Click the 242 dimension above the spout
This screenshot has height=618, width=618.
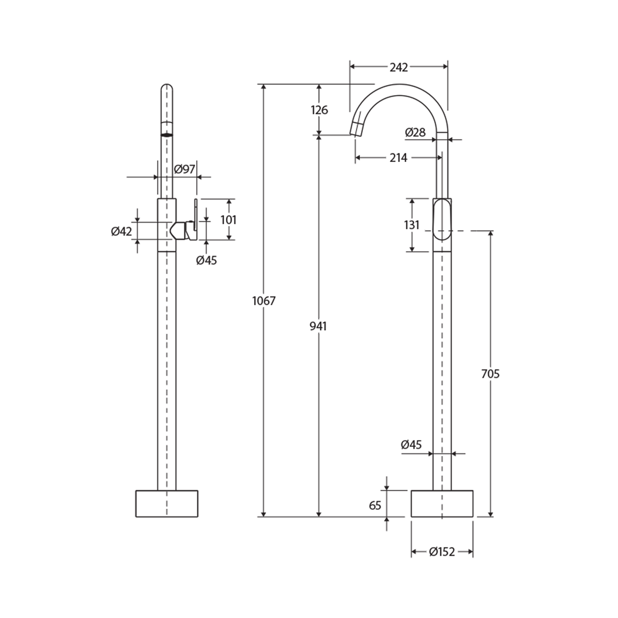click(398, 68)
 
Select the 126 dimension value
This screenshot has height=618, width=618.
click(319, 110)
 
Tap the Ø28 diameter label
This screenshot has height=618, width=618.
click(415, 133)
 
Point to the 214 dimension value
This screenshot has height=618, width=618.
click(398, 158)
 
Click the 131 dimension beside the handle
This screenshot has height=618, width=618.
click(412, 225)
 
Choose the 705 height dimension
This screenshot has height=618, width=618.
click(490, 374)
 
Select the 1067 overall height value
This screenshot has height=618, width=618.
click(264, 301)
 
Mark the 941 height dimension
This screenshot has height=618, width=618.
click(318, 326)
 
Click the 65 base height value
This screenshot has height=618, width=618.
click(375, 505)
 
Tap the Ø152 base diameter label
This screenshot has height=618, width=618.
click(442, 552)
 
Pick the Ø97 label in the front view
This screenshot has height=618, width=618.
click(185, 169)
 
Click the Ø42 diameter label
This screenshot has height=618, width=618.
click(121, 231)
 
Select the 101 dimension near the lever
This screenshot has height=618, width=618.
click(228, 220)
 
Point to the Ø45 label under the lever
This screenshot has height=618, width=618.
click(207, 260)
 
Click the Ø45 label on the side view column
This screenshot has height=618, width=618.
click(411, 444)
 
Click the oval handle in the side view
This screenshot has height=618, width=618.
click(442, 219)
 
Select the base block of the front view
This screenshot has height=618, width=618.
click(167, 504)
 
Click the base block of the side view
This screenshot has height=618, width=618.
click(442, 504)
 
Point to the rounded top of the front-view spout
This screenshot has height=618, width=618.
click(167, 89)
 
